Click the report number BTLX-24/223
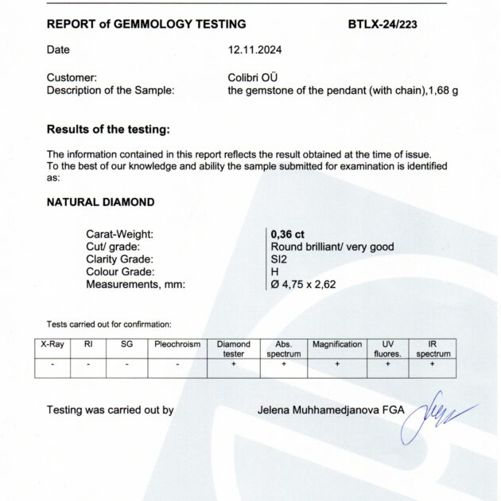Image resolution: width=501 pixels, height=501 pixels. (x=383, y=24)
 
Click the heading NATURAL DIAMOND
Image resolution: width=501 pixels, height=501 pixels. (x=100, y=202)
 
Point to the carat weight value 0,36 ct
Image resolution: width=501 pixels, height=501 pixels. (x=287, y=234)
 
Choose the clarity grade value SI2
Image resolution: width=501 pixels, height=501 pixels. (x=280, y=258)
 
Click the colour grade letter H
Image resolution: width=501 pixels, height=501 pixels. (x=275, y=270)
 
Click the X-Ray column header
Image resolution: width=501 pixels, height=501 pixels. (x=52, y=344)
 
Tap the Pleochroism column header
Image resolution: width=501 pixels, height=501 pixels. (x=177, y=344)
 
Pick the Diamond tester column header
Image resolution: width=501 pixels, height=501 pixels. (x=234, y=348)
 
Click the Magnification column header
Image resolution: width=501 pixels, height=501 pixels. (x=337, y=344)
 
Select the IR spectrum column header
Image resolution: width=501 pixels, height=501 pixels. (x=433, y=348)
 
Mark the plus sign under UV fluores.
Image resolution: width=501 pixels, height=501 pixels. (x=388, y=363)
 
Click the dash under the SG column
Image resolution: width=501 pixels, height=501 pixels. (x=128, y=363)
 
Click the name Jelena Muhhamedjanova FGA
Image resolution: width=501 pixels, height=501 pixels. (x=331, y=410)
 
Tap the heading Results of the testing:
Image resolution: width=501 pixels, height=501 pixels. (x=108, y=129)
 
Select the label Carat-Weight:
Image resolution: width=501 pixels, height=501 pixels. (x=119, y=234)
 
